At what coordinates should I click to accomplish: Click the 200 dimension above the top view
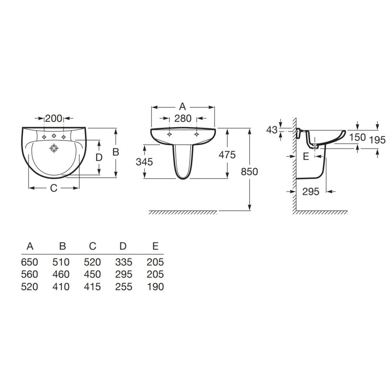[54, 118]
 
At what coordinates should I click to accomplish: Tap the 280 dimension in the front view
[183, 118]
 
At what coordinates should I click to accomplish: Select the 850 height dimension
[249, 172]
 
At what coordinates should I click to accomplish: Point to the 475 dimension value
[227, 155]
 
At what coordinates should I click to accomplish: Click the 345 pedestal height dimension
[144, 162]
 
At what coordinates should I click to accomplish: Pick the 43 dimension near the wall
[272, 130]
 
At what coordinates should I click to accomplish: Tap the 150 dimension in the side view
[357, 137]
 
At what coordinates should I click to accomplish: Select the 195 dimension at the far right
[377, 140]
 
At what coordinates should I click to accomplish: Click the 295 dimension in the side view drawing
[310, 191]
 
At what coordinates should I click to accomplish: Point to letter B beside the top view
[116, 152]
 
